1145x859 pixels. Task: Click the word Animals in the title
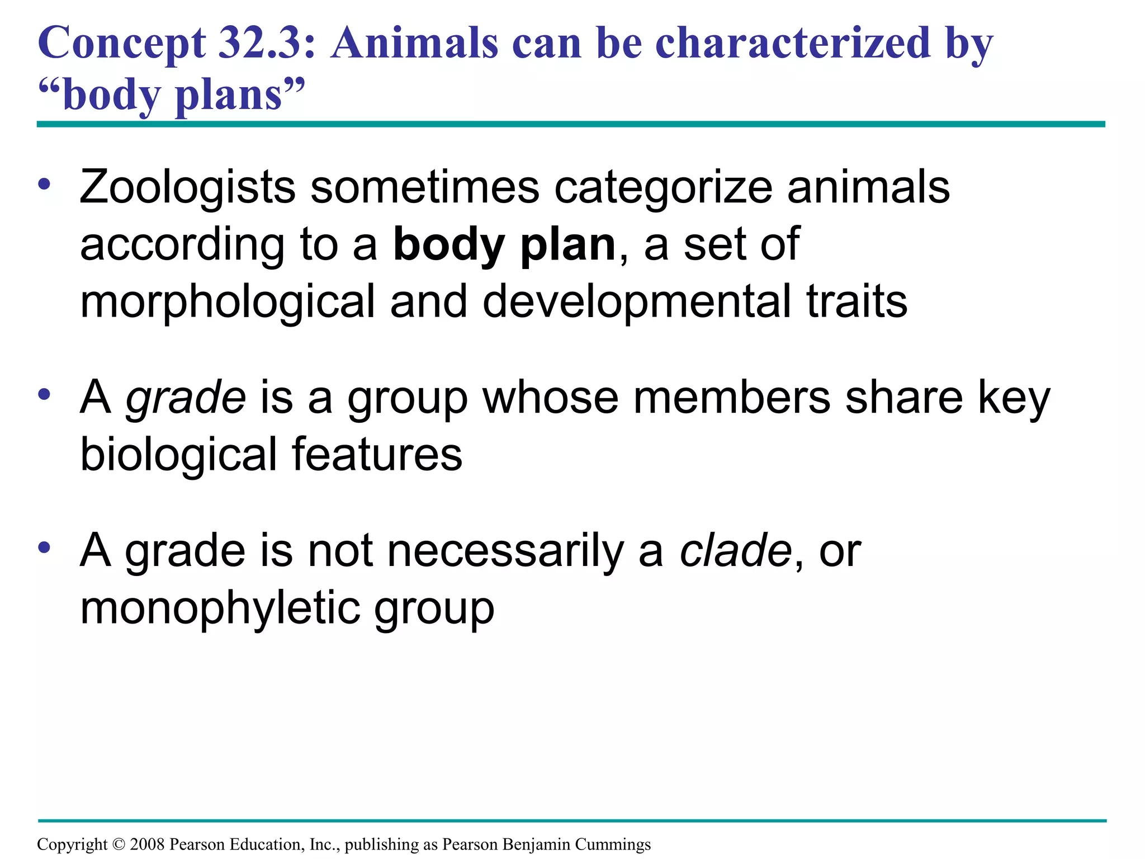tap(414, 44)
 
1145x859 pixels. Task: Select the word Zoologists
tap(187, 187)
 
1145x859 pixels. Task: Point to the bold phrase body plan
tap(504, 245)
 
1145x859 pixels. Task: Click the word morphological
tap(227, 303)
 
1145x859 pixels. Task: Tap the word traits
tap(857, 301)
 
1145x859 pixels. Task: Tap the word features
tap(377, 454)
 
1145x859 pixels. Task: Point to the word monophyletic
tap(220, 608)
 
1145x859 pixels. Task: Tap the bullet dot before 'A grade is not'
tap(45, 548)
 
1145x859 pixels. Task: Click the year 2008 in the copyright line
tap(147, 844)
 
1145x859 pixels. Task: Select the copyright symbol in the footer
tap(119, 844)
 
